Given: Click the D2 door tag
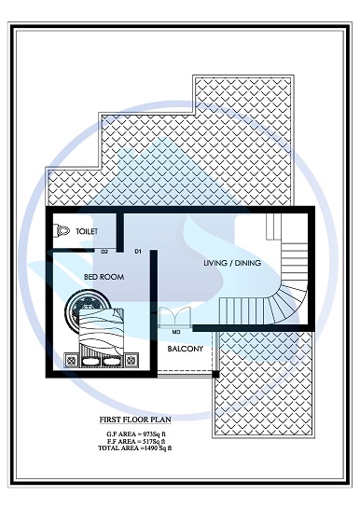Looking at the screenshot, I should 105,252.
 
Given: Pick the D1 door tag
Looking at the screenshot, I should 137,252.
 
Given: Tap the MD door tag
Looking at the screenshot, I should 176,331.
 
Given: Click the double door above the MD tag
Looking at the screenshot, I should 176,316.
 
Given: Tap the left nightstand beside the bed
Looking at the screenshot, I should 71,357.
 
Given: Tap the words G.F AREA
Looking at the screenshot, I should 116,434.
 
